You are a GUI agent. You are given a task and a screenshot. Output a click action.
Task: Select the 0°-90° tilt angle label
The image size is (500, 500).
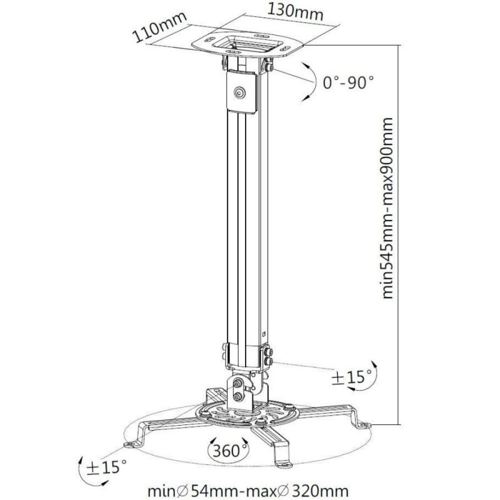pyautogui.click(x=348, y=81)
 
